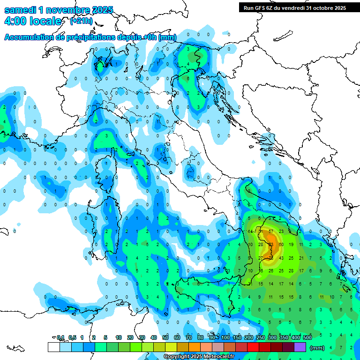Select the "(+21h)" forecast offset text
[81, 21]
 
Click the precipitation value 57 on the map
[270, 232]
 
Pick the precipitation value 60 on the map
[281, 245]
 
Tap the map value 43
[281, 258]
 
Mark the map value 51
[260, 232]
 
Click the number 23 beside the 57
[281, 232]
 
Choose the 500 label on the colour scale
[307, 338]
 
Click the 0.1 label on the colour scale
[60, 338]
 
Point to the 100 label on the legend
[225, 338]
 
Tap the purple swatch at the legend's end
[300, 347]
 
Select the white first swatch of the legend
[53, 347]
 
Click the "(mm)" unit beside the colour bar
[317, 348]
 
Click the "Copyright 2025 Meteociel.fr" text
[199, 357]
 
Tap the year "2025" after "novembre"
[99, 10]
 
